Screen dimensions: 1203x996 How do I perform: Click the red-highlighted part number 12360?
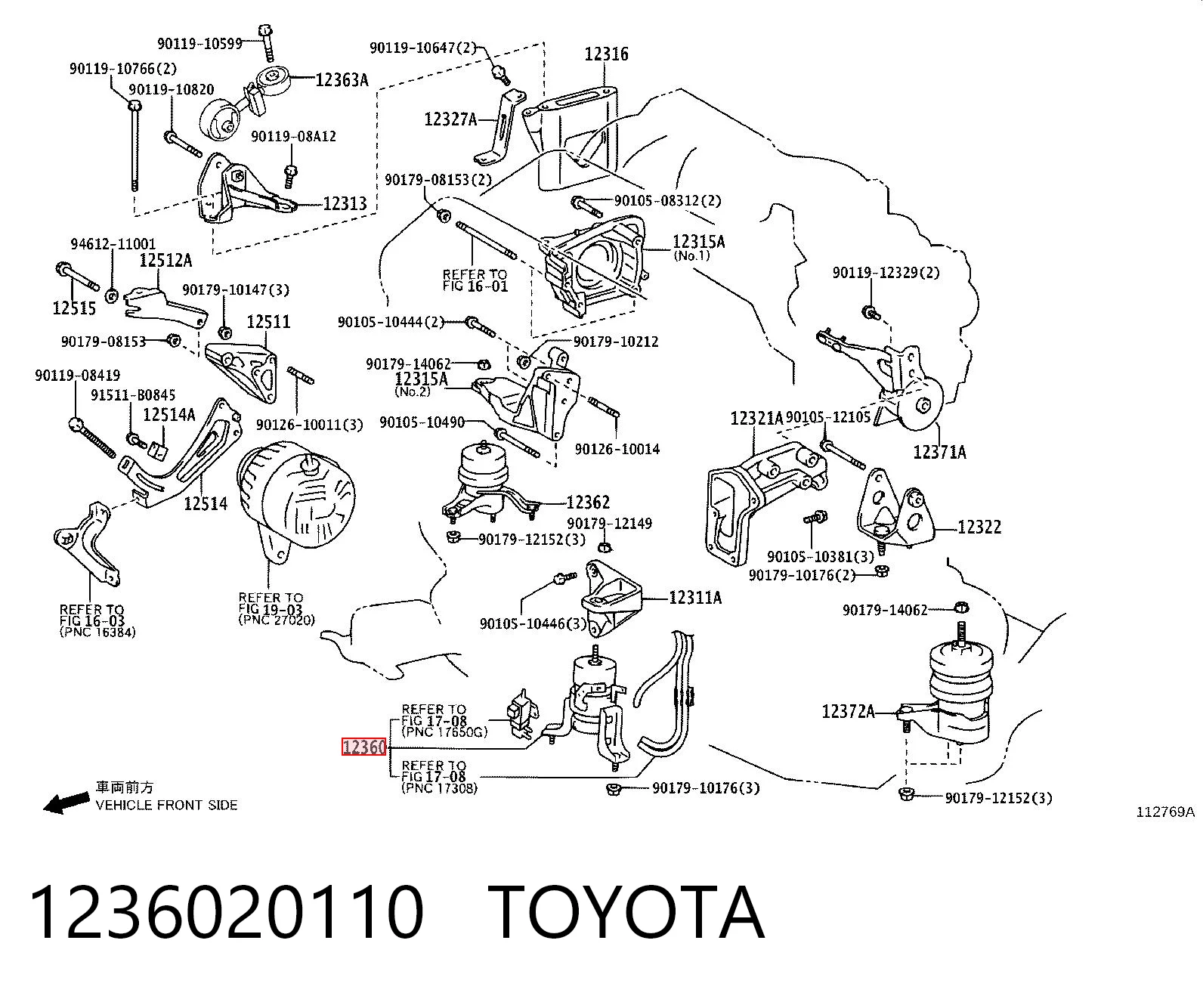pos(363,747)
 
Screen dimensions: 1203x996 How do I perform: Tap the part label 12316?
pos(606,54)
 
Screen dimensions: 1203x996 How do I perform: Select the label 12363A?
pos(342,79)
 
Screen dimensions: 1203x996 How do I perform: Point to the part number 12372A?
pos(848,712)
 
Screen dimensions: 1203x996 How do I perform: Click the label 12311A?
pos(695,598)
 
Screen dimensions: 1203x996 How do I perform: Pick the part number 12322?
pos(979,527)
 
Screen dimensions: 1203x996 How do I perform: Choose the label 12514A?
pos(169,414)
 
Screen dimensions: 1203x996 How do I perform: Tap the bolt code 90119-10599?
pos(200,43)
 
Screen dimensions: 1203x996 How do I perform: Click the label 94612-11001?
pos(113,244)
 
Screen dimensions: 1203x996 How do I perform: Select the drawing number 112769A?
pos(1165,812)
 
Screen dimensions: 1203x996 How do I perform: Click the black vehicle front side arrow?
pos(66,803)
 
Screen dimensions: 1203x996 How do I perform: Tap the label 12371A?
pos(939,452)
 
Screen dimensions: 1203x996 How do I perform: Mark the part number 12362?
pos(588,503)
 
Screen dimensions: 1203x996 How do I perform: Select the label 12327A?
pos(450,119)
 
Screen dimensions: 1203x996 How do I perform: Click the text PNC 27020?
pos(277,620)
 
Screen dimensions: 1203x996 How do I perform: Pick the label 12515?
pos(74,308)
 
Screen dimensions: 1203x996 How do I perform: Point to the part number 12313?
pos(345,203)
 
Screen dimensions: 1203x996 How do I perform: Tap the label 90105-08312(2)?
pos(668,200)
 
